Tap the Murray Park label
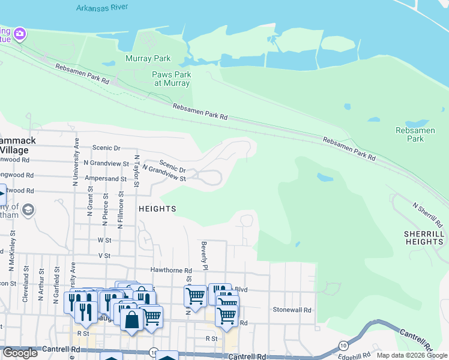pos(148,59)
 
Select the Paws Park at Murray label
pos(172,79)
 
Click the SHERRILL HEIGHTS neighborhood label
pos(424,238)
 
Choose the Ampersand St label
pos(106,179)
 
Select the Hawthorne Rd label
pos(171,271)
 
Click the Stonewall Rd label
pos(292,310)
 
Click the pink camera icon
pos(20,34)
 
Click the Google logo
pos(20,353)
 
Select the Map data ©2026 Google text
pos(411,355)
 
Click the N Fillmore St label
pos(122,207)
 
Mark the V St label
pos(104,256)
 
